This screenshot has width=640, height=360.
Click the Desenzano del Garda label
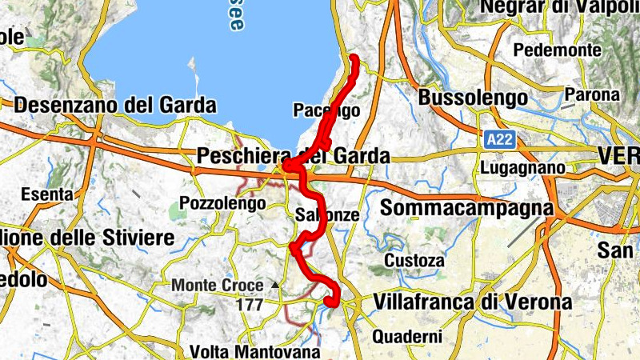pos(115,105)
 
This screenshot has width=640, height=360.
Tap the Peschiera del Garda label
pos(293,156)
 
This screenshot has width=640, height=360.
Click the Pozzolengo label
pos(222,203)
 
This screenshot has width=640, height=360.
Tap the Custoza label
pos(414,261)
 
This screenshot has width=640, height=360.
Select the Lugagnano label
pos(524,169)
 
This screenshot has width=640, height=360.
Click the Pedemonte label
pos(557,50)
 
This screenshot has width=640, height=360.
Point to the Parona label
pos(592,94)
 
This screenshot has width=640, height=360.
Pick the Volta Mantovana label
pos(254,351)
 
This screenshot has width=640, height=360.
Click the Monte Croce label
pos(217,285)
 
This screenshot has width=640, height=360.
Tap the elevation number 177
pos(250,305)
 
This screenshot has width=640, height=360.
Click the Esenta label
pos(47,194)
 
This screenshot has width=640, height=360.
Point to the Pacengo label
pos(326,110)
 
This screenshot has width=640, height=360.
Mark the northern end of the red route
pos(354,57)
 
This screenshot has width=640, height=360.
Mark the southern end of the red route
pos(329,301)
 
